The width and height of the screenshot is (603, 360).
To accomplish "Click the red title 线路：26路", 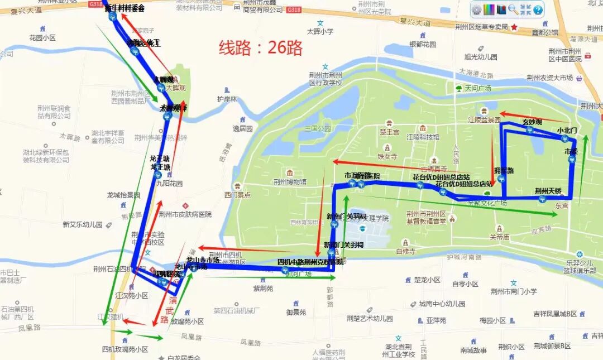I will click(260, 47).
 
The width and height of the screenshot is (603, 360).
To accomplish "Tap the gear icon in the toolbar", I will click(476, 9).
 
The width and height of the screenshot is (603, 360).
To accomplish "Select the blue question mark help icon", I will click(538, 9).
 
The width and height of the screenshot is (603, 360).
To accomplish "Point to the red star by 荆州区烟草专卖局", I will click(514, 27).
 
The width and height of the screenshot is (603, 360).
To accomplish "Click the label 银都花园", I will click(423, 44).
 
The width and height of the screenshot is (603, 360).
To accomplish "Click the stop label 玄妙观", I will click(532, 122).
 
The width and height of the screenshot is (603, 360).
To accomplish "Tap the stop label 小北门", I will click(567, 130).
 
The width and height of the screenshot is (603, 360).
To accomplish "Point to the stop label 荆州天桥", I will click(548, 190).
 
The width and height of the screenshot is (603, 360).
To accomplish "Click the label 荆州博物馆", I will click(290, 181).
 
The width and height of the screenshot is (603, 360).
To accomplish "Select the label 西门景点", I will click(237, 195).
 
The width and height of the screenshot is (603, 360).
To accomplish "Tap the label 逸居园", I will click(243, 128).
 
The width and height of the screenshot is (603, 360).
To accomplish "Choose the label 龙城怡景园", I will click(123, 195).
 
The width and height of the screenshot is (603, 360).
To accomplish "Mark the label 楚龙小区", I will click(428, 280).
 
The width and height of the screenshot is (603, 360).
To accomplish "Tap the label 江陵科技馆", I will click(423, 137).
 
